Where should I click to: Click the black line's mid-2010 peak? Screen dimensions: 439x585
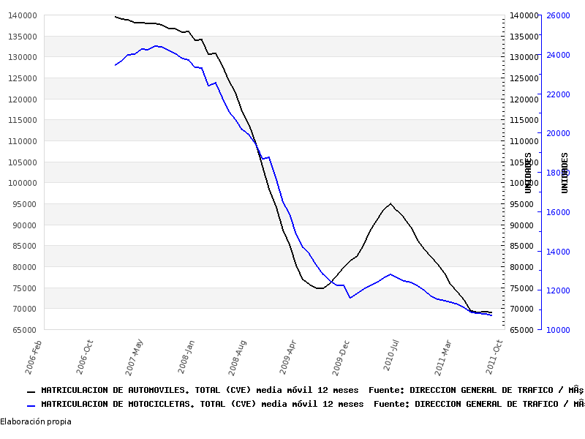click(x=390, y=203)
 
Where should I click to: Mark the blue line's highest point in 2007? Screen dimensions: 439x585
click(x=156, y=45)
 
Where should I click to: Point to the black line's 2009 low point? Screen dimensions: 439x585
click(x=320, y=288)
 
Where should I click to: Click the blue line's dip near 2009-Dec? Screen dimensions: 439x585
click(x=350, y=298)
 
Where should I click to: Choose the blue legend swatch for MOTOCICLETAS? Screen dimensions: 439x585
click(x=31, y=405)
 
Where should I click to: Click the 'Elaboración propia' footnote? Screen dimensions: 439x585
click(x=36, y=421)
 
